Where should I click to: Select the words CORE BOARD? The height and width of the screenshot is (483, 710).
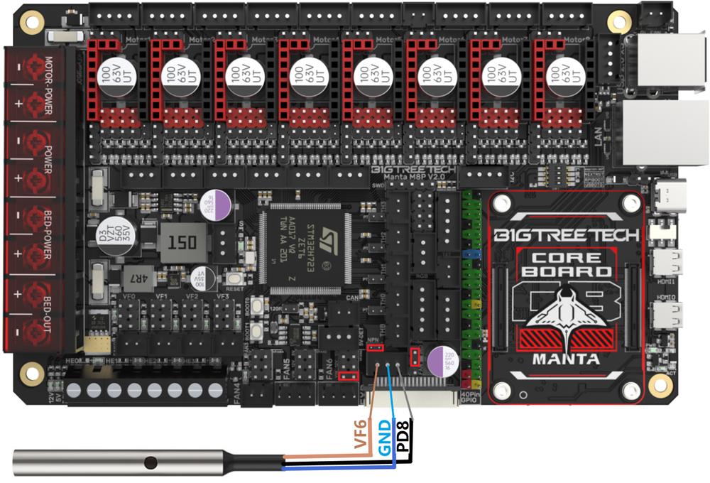[x=572, y=264]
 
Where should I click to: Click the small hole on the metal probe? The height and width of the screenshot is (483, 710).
[x=148, y=463]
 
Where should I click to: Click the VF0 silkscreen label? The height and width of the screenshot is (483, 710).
[x=129, y=296]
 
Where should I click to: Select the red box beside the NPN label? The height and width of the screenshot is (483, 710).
[x=378, y=349]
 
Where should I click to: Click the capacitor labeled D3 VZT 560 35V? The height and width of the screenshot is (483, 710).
[x=104, y=236]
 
